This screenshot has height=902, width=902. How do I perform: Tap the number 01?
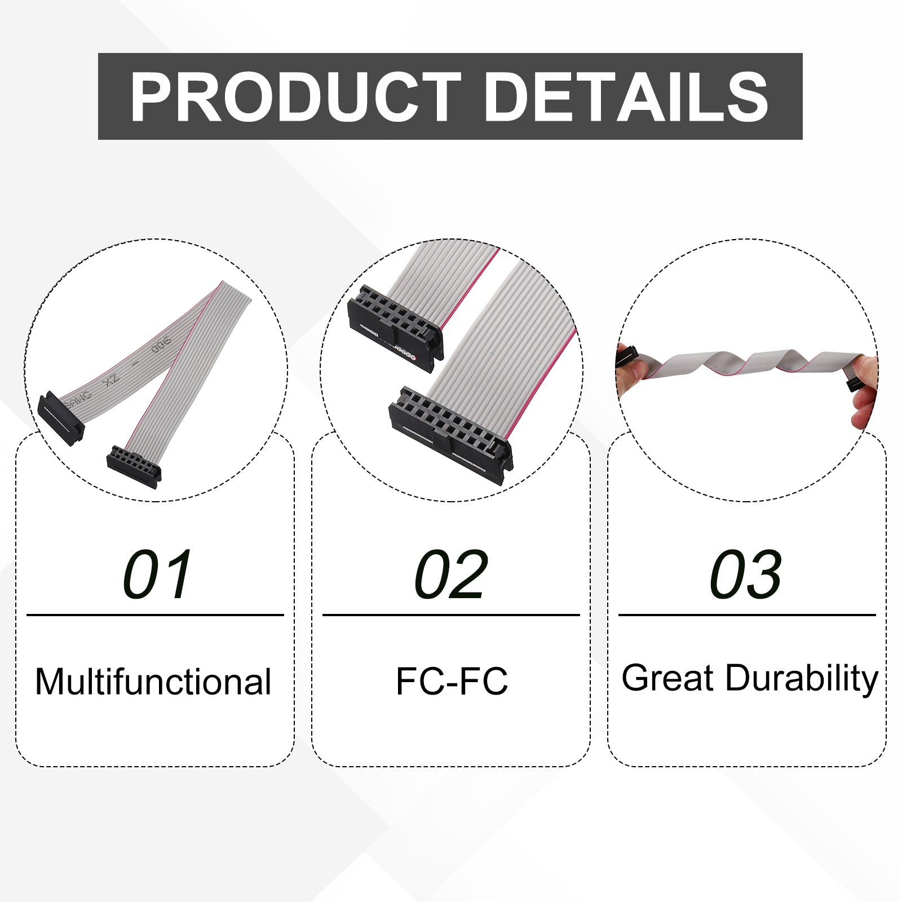[x=158, y=574]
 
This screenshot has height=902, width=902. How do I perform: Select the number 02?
[x=451, y=574]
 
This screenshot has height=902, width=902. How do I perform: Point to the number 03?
[x=746, y=574]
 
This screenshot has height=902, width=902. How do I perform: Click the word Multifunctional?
[x=153, y=682]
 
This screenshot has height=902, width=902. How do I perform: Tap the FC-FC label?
[x=452, y=681]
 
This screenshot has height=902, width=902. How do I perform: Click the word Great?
[x=667, y=678]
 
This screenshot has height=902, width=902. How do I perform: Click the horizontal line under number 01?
[x=155, y=615]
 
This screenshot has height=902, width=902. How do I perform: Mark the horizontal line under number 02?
[x=451, y=615]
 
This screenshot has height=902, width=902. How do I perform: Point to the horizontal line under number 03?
[x=747, y=615]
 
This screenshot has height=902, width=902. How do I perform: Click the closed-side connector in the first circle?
[x=61, y=418]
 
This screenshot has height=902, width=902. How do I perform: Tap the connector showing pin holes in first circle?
[x=134, y=466]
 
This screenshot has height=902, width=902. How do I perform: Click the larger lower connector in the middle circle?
[x=451, y=435]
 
